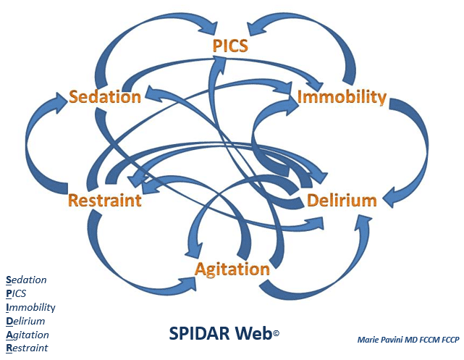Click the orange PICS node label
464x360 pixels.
230,46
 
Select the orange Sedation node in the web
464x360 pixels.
105,97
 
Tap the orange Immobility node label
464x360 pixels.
342,97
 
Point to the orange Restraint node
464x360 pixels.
105,200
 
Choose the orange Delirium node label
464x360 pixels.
342,201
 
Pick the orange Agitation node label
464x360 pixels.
232,270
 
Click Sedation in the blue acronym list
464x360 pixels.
26,280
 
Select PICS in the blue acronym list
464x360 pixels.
16,293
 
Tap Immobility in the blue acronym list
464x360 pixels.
30,308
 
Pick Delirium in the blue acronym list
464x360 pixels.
25,321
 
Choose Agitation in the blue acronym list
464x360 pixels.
28,335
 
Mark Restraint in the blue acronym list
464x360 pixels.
27,348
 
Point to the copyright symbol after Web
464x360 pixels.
276,333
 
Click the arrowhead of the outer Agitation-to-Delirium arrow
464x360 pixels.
363,225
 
